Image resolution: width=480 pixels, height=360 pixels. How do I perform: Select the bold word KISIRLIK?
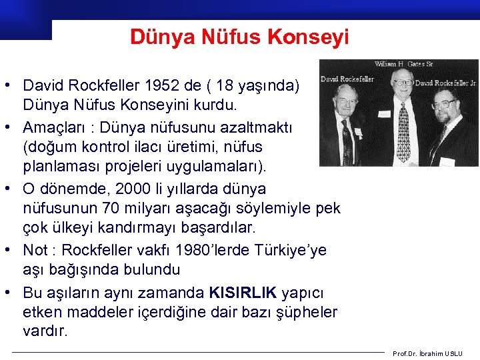243,293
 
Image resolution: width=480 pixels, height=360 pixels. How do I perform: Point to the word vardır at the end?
45,331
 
